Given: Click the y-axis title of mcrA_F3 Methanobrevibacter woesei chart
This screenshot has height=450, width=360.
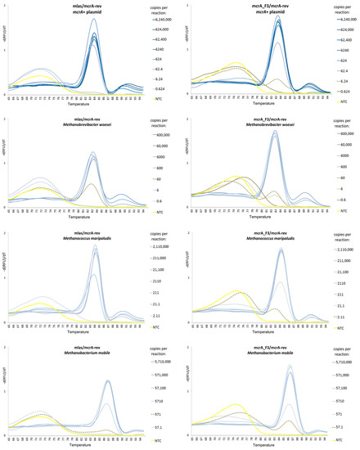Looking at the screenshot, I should pyautogui.click(x=186, y=166).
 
